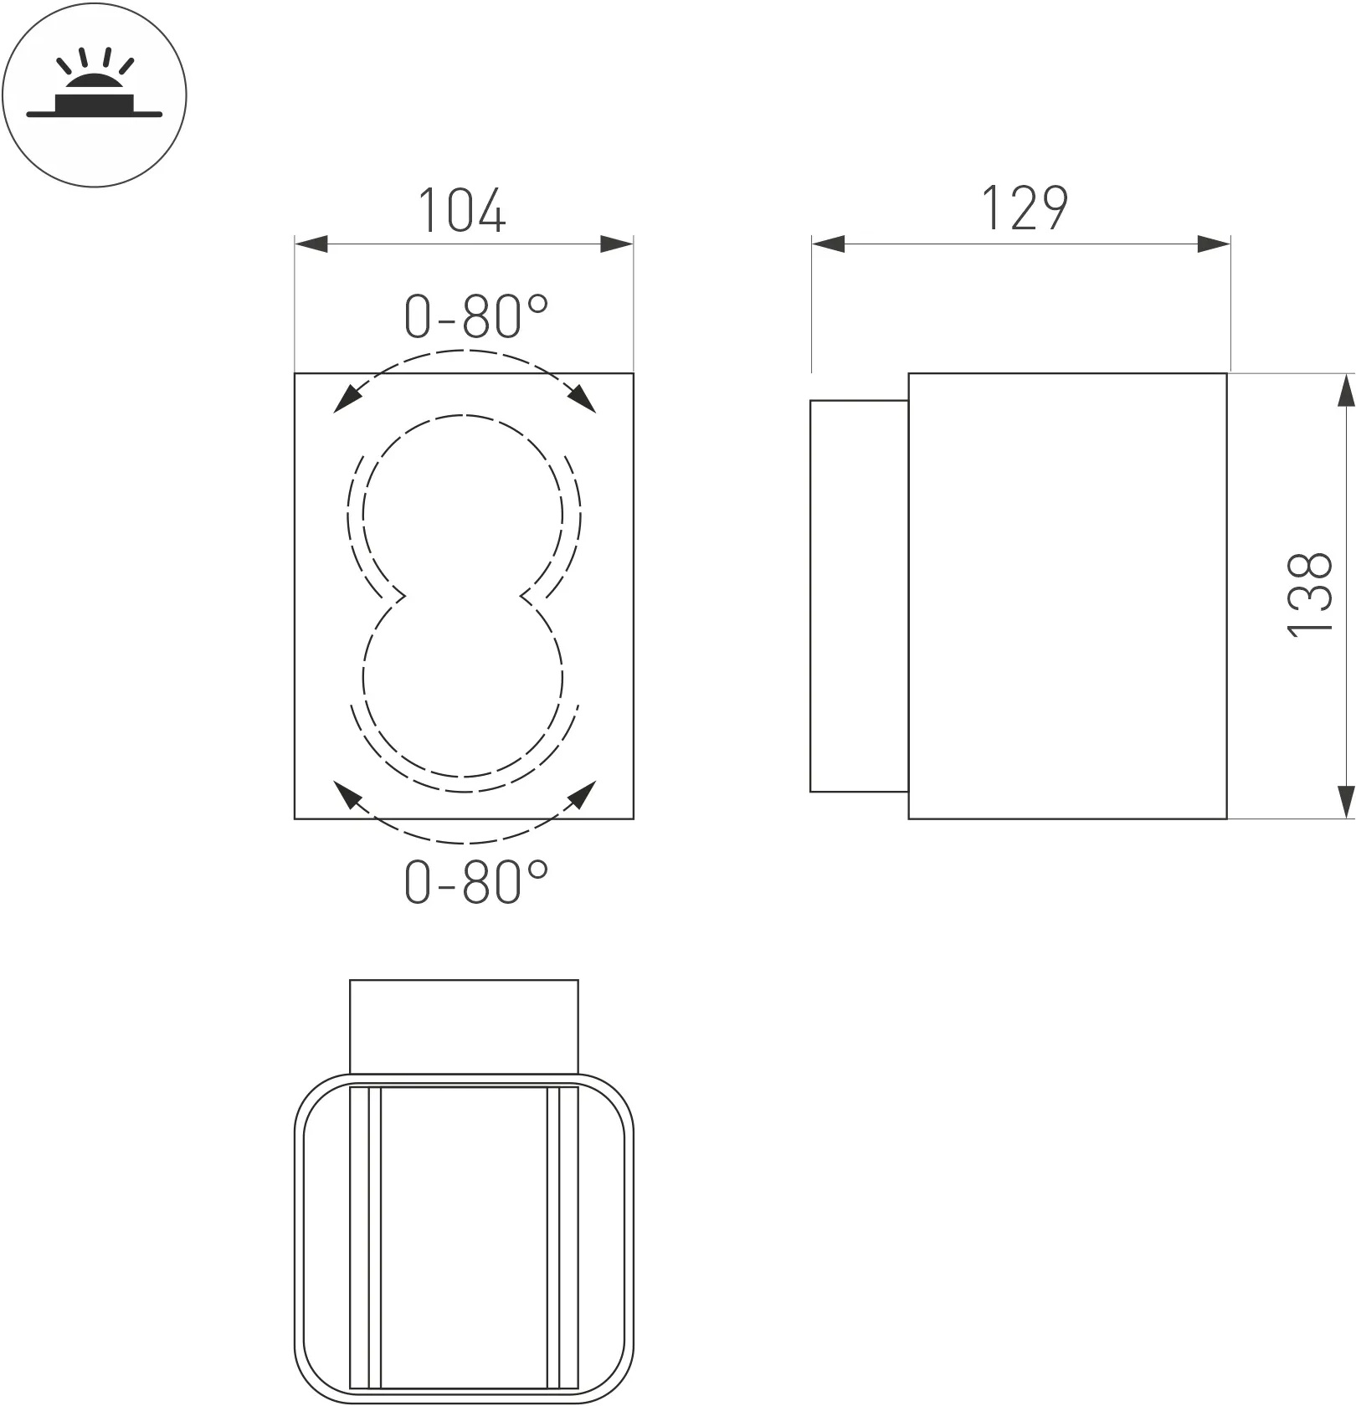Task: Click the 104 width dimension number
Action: (461, 210)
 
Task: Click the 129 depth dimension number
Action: (1024, 208)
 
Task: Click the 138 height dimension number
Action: (1308, 595)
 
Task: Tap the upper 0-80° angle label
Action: (475, 316)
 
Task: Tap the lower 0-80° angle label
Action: (475, 880)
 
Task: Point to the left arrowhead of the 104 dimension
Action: (311, 244)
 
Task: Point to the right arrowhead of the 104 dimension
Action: (617, 244)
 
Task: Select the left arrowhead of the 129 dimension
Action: (828, 244)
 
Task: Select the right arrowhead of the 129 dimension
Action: (1214, 244)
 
